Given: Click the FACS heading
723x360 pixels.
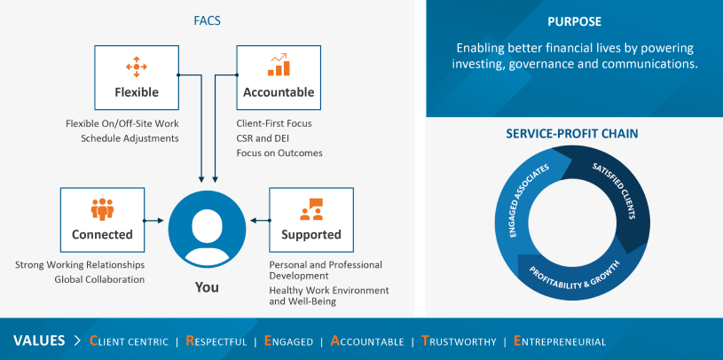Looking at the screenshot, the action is pos(207,20).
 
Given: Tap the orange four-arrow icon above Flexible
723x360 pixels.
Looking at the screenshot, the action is pos(137,67).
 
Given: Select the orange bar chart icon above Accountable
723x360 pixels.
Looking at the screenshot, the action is pos(279,65).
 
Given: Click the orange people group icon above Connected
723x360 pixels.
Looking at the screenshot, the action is pos(102,208).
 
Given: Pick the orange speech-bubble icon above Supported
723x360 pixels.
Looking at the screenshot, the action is pos(311,208).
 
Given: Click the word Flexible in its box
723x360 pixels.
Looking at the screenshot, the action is pos(137,92).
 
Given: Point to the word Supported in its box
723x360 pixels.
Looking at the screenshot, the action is pos(311,235).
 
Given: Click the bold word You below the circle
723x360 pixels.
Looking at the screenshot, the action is pos(207,287).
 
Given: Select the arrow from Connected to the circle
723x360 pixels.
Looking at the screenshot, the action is pos(153,221).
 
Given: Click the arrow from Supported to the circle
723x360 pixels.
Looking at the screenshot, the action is pos(261,221).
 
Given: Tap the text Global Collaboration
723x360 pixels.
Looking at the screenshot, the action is pos(99,279).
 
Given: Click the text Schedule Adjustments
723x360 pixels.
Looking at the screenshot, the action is pos(130,138).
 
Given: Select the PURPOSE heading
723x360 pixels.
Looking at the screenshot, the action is pos(575,21).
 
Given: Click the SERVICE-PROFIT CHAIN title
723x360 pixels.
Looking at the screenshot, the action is pos(572,134).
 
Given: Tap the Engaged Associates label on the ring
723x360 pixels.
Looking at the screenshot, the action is pos(529,200).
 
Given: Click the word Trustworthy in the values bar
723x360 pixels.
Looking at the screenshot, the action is pos(460,341).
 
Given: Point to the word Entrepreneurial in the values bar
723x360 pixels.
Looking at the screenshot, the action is pos(559,341).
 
